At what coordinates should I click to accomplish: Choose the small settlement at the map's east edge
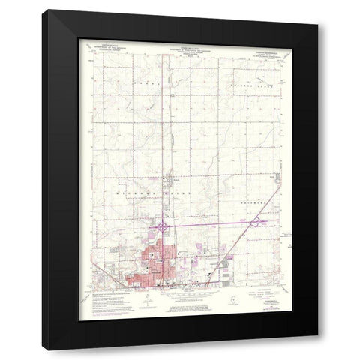tap(274, 179)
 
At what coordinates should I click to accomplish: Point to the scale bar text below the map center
tap(184, 297)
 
